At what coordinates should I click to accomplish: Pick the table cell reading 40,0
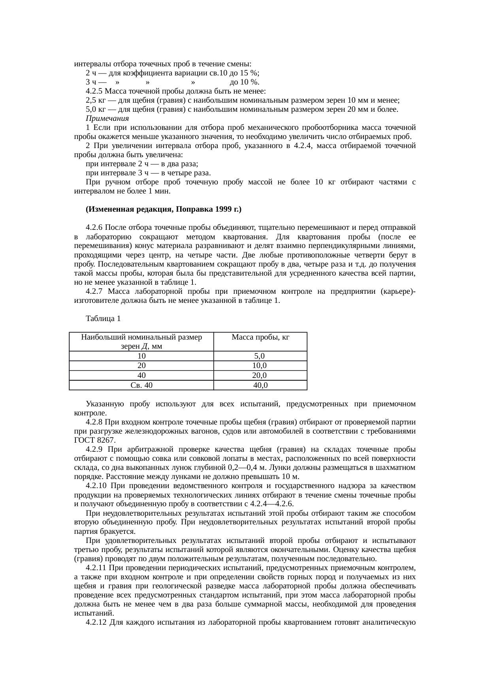pos(260,385)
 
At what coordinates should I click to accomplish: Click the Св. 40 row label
pos(141,385)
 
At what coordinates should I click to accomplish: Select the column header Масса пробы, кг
pos(260,337)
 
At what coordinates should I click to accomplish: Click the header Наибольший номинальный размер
pos(141,337)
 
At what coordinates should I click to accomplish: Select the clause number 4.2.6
pos(94,228)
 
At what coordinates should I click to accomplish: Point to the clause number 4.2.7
pos(94,291)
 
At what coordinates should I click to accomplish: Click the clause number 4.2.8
pos(94,422)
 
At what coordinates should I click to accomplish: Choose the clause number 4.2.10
pos(96,486)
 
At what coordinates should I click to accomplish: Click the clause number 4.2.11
pos(96,568)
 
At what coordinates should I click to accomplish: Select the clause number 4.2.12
pos(96,623)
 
